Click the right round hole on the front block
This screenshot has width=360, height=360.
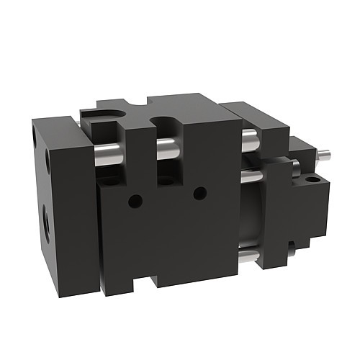click(x=200, y=193)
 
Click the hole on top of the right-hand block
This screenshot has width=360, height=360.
click(x=311, y=177)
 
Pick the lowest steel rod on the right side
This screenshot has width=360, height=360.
click(x=246, y=255)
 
